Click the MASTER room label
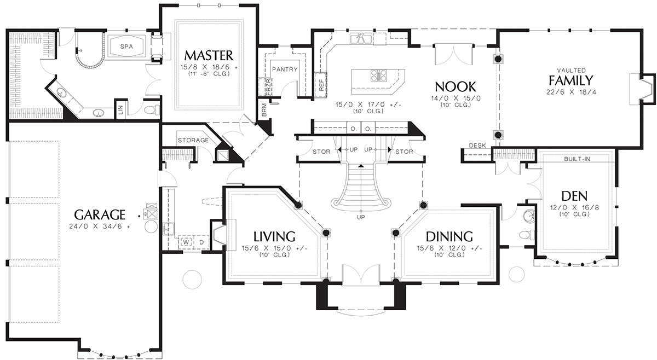click(x=209, y=55)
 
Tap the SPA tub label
click(x=126, y=47)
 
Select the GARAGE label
click(x=100, y=214)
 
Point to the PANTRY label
click(x=285, y=69)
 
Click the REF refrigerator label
click(x=321, y=85)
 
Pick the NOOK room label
click(x=455, y=87)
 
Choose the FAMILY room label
click(x=570, y=80)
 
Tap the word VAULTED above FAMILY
click(x=572, y=71)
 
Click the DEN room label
click(x=574, y=196)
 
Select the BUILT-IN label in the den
click(x=577, y=159)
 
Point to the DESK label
click(x=477, y=145)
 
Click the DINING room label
click(x=449, y=236)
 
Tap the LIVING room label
click(x=274, y=236)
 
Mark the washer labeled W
click(x=186, y=242)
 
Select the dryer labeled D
click(x=201, y=242)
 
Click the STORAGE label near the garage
click(x=193, y=140)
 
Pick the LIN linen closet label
click(x=121, y=109)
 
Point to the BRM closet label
click(x=264, y=109)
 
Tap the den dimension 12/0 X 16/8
click(x=574, y=207)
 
